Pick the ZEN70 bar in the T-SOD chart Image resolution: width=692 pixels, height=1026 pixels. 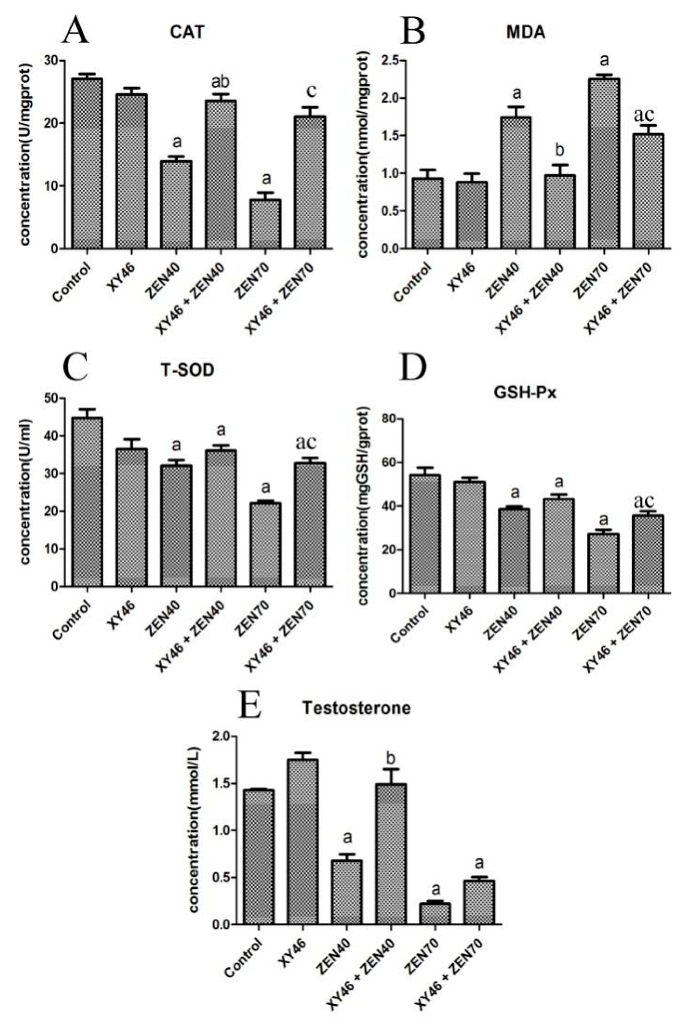(x=265, y=544)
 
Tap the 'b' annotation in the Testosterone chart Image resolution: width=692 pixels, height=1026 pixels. (x=391, y=757)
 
